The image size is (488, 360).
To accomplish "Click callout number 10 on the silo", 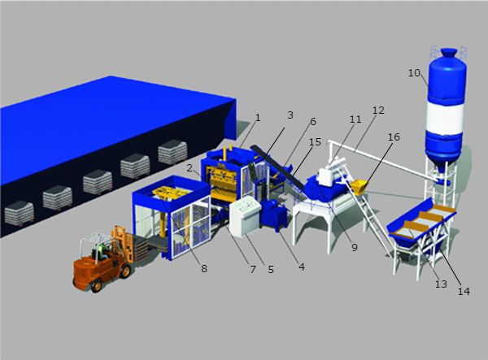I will [x=414, y=73].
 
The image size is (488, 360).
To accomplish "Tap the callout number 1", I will [x=258, y=117].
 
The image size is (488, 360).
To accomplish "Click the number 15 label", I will [x=315, y=142].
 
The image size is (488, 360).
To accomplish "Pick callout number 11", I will [x=354, y=119].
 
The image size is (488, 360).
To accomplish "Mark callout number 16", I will [x=394, y=137].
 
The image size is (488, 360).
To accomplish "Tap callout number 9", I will [x=354, y=247].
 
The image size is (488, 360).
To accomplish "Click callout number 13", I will [x=441, y=284].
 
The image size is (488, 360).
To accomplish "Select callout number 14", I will [x=464, y=290].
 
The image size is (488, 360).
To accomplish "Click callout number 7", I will [x=253, y=269].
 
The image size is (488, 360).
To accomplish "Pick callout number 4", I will [x=302, y=265].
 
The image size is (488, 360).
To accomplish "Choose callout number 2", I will [x=189, y=168].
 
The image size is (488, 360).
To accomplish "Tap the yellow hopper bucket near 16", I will [x=362, y=186].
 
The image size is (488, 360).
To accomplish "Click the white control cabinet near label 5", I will [x=244, y=218].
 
